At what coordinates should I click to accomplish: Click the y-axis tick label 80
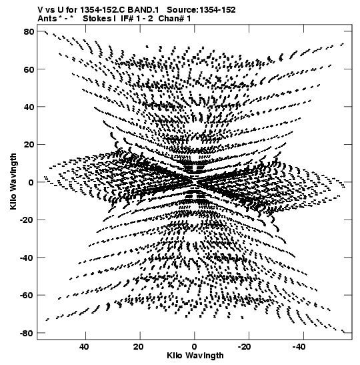pos(29,31)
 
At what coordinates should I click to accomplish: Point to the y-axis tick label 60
pos(29,69)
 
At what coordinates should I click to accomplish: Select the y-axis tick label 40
pos(29,107)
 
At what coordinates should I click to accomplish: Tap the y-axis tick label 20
pos(29,145)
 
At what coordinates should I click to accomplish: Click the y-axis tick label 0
pos(31,182)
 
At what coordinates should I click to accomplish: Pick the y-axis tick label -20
pos(27,220)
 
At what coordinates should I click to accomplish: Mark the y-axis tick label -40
pos(27,258)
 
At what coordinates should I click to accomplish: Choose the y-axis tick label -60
pos(27,296)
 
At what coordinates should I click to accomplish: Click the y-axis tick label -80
pos(27,333)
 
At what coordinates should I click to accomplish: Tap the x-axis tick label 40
pos(84,347)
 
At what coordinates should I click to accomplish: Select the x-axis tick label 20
pos(139,347)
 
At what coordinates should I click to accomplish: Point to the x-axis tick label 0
pos(194,347)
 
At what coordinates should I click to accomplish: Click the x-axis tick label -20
pos(244,347)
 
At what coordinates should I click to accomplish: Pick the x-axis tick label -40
pos(299,347)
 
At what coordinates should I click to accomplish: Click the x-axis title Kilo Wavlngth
pos(195,356)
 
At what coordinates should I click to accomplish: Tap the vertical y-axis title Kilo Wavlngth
pos(13,181)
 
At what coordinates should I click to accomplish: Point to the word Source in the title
pos(182,10)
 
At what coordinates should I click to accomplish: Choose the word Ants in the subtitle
pos(47,19)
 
